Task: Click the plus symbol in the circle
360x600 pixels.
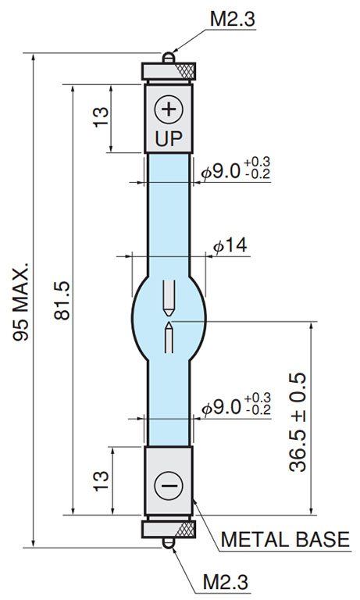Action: (169, 110)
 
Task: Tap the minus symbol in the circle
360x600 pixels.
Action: (169, 486)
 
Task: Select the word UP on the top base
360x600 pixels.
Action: (169, 139)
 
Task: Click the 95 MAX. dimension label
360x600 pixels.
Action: (20, 302)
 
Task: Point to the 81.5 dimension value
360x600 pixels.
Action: (62, 301)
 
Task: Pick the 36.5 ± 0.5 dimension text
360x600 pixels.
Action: (298, 422)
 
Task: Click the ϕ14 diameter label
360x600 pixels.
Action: (230, 245)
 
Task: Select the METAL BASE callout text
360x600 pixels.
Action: (285, 540)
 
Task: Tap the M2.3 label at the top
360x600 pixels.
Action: (233, 19)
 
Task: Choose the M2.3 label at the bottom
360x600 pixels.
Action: (226, 582)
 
